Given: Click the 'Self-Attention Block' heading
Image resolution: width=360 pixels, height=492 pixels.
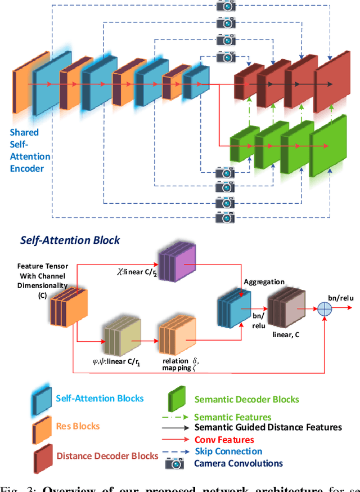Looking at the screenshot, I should tap(70, 240).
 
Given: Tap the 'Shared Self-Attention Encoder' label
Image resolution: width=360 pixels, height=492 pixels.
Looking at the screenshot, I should tap(29, 151).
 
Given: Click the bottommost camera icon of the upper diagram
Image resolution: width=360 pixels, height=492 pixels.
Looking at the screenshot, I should tap(226, 217).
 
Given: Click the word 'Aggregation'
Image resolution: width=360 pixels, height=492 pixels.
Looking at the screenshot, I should tap(264, 281).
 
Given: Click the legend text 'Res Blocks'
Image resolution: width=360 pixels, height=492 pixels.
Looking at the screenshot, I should tap(78, 426).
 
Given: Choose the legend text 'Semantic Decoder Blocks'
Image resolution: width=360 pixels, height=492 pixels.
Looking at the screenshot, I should tap(246, 399).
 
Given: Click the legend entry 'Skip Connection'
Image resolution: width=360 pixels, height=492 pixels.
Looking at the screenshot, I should tap(228, 451).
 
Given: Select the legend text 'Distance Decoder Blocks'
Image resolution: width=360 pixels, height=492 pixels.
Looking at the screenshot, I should tap(107, 455).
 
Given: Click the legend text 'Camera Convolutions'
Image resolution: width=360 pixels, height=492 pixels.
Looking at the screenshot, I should tap(238, 464).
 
